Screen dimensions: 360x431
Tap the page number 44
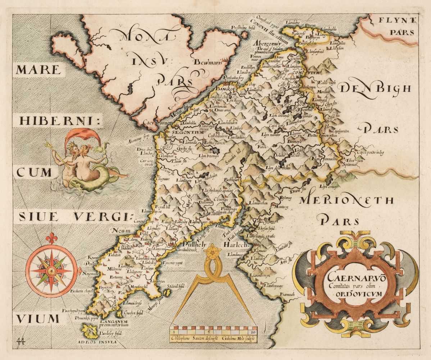(22, 340)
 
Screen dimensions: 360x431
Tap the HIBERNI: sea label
(59, 121)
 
